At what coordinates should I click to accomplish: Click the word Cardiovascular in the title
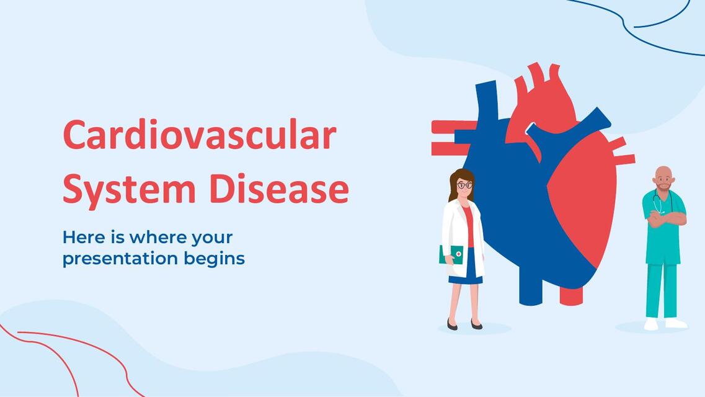coord(199,135)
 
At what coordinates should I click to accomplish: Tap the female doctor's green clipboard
coord(451,254)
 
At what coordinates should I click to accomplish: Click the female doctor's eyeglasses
coord(464,185)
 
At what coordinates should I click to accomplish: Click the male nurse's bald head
coord(663,173)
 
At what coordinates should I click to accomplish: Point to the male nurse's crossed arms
coord(666,218)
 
